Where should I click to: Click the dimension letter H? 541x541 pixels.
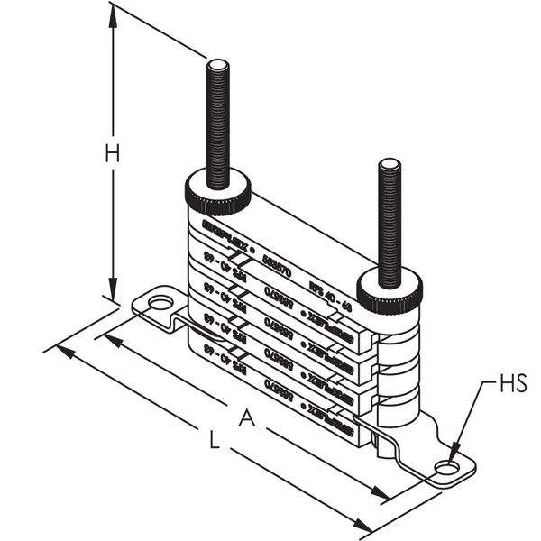click(111, 154)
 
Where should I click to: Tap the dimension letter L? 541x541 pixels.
click(213, 441)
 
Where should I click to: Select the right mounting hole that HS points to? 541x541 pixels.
click(446, 467)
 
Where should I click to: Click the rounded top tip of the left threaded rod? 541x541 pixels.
click(218, 64)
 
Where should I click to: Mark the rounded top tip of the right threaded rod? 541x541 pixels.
click(390, 164)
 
